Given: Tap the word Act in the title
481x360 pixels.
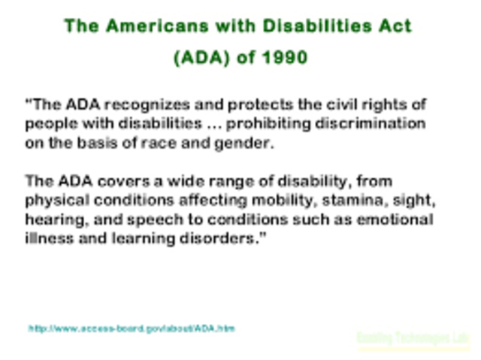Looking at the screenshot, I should click(394, 26).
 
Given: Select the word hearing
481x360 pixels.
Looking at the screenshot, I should click(50, 220).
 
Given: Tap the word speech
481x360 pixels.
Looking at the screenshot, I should click(157, 220).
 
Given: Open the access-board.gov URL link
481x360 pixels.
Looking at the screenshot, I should click(132, 328).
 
